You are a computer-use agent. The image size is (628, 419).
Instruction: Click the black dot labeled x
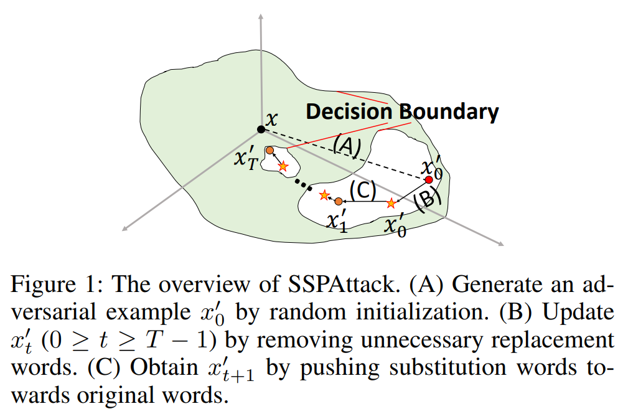pyautogui.click(x=261, y=129)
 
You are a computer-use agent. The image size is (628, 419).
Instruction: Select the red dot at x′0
pyautogui.click(x=428, y=180)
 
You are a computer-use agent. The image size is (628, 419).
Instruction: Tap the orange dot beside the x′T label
pyautogui.click(x=269, y=151)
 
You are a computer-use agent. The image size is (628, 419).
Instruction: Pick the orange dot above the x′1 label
pyautogui.click(x=338, y=201)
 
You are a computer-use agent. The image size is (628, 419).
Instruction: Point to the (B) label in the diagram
pyautogui.click(x=428, y=200)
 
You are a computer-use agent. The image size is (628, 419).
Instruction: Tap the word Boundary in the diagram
pyautogui.click(x=449, y=112)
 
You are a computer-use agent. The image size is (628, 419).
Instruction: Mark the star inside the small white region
pyautogui.click(x=283, y=166)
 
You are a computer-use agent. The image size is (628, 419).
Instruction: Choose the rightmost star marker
pyautogui.click(x=391, y=203)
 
